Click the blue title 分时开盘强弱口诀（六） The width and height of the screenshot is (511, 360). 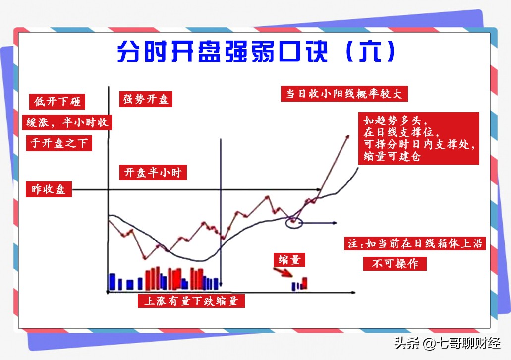pos(256,52)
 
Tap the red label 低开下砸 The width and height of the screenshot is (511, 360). pos(57,102)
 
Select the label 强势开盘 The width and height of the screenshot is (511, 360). pos(146,99)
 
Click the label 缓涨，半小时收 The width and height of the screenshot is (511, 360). pos(67,122)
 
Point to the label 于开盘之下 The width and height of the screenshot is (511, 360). pos(59,143)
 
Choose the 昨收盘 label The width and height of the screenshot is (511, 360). pos(49,189)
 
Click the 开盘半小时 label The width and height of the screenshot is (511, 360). pos(153,173)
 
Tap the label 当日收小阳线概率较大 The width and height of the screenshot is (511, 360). pos(344,94)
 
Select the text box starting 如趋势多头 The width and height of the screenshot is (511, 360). pos(419,138)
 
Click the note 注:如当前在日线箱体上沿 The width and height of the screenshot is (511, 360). pos(415,243)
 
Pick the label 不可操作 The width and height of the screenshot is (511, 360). pos(395,263)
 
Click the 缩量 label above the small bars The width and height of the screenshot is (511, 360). pos(289,260)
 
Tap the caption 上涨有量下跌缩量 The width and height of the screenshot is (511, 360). pos(191,300)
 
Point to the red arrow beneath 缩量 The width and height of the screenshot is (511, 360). pos(283,272)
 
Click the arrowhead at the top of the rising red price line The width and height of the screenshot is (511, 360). pos(348,137)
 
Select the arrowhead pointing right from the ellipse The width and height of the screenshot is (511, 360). pos(335,223)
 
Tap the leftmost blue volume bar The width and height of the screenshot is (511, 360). pos(112,282)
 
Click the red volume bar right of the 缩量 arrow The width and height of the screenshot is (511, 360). pos(305,283)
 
